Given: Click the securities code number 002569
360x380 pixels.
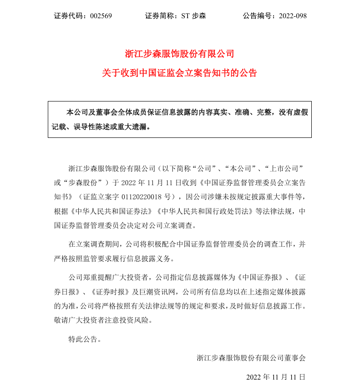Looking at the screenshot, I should click(101, 16).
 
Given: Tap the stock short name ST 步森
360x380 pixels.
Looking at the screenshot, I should click(194, 16).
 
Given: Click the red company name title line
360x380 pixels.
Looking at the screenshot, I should click(180, 54).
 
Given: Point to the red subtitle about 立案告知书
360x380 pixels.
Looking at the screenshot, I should click(180, 73).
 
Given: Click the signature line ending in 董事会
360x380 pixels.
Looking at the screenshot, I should click(251, 358).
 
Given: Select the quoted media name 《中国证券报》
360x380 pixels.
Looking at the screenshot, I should click(259, 277).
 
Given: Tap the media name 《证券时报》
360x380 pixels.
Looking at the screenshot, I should click(115, 291).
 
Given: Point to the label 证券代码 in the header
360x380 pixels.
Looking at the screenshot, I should click(68, 16).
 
